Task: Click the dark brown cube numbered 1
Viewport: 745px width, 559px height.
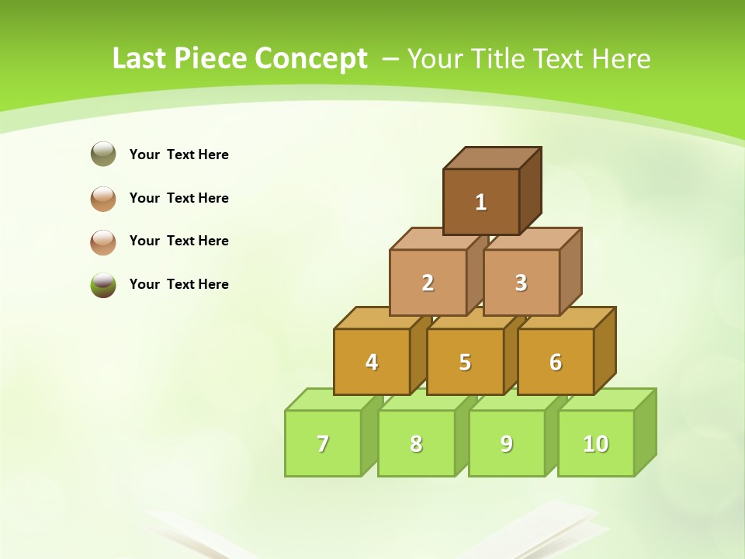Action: pos(480,202)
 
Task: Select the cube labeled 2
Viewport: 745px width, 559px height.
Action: pos(428,283)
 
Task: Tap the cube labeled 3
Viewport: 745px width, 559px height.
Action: pos(521,283)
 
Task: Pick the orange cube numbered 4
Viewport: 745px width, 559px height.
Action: pos(372,362)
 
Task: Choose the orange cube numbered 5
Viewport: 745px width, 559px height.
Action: pos(465,362)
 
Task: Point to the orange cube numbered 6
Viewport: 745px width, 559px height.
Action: pos(555,362)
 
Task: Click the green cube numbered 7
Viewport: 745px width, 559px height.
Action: pos(323,443)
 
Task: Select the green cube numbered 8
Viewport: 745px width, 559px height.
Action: pos(416,443)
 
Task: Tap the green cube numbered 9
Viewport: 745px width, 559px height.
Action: pos(506,443)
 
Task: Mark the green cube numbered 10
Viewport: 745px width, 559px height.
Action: pos(595,443)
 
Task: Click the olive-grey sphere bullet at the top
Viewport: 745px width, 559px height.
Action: pos(103,154)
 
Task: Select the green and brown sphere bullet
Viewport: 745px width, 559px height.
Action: pos(103,284)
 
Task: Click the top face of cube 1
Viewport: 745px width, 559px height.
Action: pos(492,158)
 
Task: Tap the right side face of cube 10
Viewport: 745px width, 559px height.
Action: pos(645,432)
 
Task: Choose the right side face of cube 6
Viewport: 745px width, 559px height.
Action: pos(605,350)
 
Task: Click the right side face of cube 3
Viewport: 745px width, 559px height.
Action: pos(570,271)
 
